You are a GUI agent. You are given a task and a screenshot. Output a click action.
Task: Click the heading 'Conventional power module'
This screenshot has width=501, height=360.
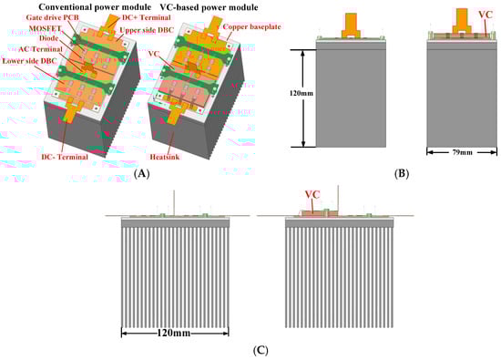(x=95, y=6)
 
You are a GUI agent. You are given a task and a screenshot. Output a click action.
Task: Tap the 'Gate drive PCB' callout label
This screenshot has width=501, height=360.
(x=53, y=17)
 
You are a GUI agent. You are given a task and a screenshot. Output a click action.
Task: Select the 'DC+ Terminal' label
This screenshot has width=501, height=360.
(x=147, y=17)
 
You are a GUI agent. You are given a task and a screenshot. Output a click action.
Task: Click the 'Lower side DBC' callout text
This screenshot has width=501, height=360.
(x=30, y=61)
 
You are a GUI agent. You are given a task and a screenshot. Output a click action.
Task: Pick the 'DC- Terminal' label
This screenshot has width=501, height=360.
(x=65, y=157)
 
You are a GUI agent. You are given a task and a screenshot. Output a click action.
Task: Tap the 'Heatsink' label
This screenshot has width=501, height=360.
(x=165, y=157)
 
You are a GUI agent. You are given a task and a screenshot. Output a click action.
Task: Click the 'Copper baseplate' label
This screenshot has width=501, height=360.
(x=251, y=26)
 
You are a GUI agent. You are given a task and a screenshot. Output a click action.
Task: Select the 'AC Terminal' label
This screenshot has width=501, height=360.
(x=41, y=49)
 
